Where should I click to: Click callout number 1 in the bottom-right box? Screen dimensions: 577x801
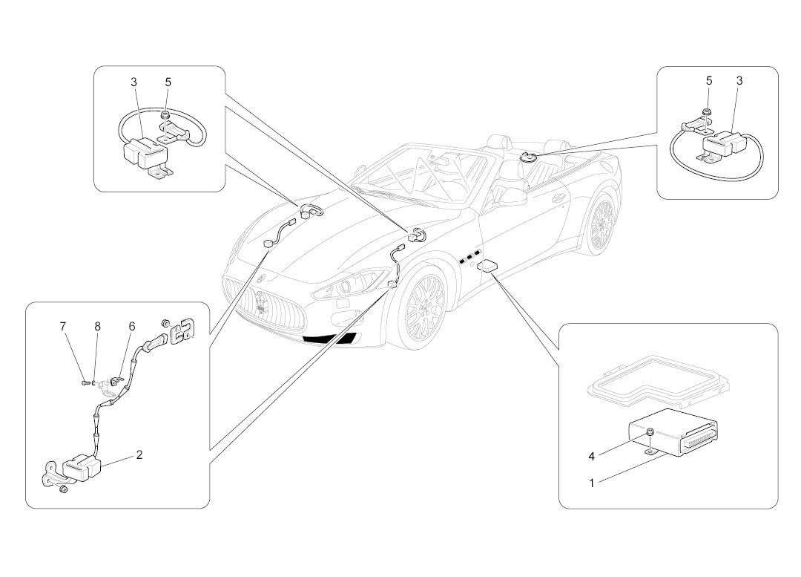point(592,483)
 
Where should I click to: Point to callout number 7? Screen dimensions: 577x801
point(63,326)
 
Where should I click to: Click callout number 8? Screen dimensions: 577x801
point(97,326)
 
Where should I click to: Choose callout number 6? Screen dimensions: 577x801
point(132,326)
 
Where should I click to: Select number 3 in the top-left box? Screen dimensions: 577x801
point(134,81)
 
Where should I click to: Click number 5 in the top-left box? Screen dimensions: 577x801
point(168,81)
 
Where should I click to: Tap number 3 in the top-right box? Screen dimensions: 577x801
point(739,80)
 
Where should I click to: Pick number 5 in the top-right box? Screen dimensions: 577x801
point(709,80)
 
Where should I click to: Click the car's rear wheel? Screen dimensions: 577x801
point(603,222)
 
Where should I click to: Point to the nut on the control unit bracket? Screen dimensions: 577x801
point(649,432)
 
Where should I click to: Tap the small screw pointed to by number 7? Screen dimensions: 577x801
point(85,382)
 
